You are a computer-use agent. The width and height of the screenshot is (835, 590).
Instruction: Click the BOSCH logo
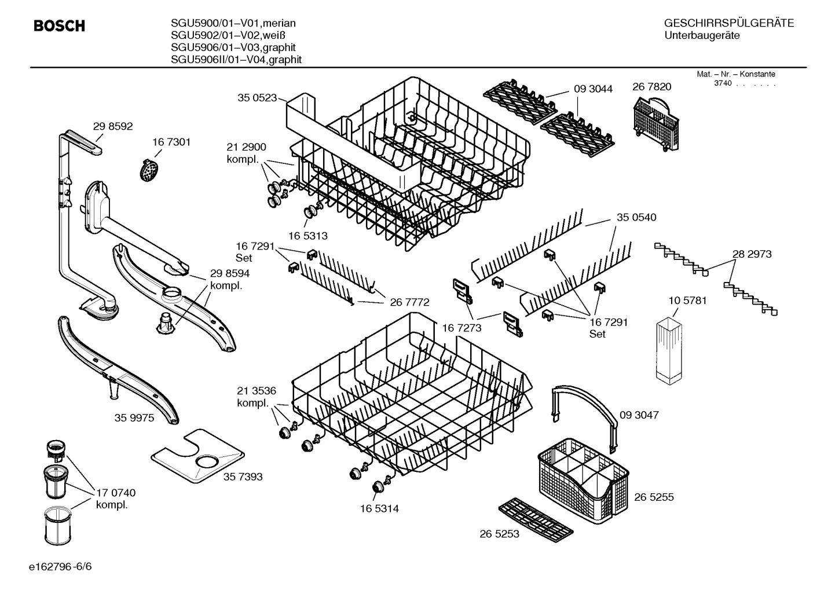59,26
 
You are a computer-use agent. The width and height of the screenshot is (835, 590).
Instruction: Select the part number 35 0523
257,98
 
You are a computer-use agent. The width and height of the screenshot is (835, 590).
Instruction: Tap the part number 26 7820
651,87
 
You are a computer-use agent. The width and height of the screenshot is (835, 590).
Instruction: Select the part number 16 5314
379,508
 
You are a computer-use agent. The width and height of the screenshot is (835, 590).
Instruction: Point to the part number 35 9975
134,417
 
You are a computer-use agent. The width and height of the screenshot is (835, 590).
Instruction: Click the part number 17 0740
116,493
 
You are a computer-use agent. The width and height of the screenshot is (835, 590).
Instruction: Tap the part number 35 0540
636,217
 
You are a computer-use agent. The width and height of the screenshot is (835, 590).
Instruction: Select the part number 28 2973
752,254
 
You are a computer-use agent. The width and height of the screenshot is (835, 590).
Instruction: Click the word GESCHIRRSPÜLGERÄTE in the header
728,23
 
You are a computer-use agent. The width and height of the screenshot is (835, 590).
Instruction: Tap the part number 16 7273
462,328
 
